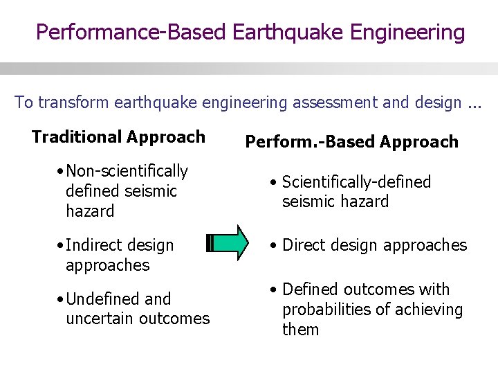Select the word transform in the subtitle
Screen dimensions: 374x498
(x=68, y=103)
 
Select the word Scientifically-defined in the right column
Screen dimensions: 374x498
(x=356, y=182)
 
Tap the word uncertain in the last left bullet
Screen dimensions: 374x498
(x=98, y=319)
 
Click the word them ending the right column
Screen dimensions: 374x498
(x=300, y=330)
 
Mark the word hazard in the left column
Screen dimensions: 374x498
(x=89, y=211)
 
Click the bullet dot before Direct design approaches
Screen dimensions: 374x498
(x=275, y=246)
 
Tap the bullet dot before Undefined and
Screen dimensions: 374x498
(x=62, y=299)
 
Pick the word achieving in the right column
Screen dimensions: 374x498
(x=430, y=310)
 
